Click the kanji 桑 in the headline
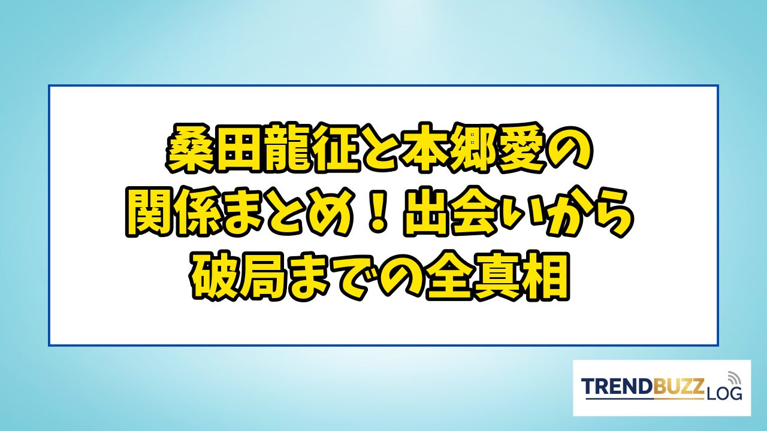click(189, 148)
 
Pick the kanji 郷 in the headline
click(473, 148)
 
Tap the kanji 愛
click(521, 148)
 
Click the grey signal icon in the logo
click(733, 378)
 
